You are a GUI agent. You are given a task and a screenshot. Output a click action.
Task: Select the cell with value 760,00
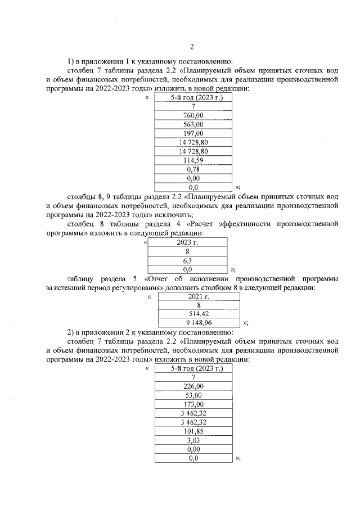coord(193,115)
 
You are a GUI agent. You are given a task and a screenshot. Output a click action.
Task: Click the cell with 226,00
coord(193,386)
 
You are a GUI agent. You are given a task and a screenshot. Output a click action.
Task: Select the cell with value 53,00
coord(193,395)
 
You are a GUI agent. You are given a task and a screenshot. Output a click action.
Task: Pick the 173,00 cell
coord(193,404)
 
